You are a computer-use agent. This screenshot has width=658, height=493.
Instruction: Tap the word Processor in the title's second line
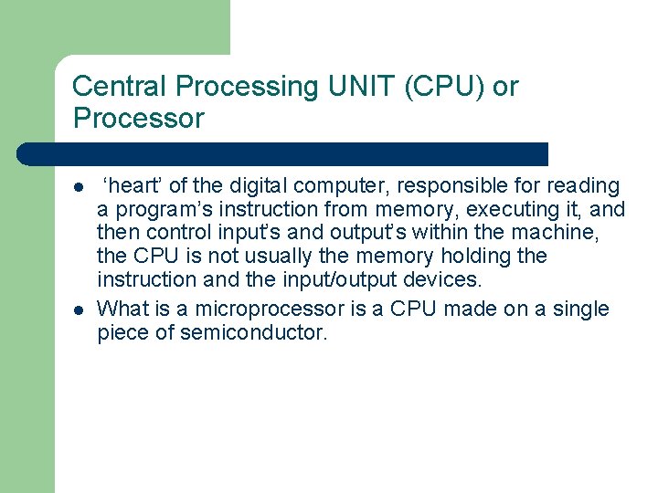[x=138, y=119]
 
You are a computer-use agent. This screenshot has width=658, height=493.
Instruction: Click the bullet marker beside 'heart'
[x=80, y=187]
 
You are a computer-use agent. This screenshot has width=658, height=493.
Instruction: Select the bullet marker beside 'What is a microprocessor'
[x=80, y=310]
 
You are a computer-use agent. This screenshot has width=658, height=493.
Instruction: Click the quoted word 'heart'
[x=133, y=186]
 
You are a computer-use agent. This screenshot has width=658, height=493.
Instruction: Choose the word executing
[x=507, y=210]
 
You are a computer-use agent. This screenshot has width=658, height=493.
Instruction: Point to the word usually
[x=272, y=257]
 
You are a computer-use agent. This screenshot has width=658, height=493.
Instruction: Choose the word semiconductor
[x=253, y=333]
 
